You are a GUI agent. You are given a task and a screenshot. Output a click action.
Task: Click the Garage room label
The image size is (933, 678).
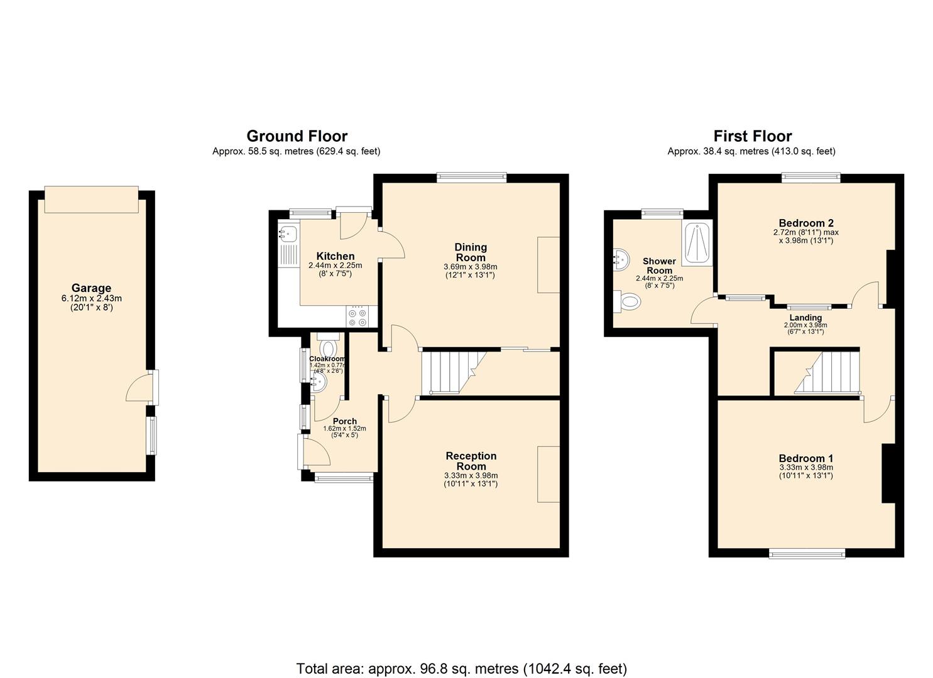click(91, 288)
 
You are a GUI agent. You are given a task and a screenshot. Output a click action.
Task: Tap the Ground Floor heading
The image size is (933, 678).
click(297, 136)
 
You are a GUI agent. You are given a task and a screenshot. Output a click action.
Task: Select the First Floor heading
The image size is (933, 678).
click(752, 136)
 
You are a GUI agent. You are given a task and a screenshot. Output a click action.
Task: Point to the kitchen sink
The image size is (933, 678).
click(288, 234)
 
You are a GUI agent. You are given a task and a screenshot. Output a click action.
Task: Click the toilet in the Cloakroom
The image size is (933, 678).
click(328, 347)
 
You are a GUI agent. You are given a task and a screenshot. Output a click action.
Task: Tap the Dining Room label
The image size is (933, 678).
click(471, 252)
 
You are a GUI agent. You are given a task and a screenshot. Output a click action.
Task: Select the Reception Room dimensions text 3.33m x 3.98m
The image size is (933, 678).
click(471, 475)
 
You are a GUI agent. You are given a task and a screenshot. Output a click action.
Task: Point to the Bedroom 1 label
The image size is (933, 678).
click(805, 458)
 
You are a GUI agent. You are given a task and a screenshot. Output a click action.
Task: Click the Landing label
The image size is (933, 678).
click(805, 318)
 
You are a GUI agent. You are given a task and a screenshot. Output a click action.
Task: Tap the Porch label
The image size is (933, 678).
click(344, 421)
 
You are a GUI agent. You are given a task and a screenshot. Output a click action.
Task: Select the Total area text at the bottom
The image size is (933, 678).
click(461, 669)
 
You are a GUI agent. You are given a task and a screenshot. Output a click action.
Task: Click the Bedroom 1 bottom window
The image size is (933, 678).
click(807, 552)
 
